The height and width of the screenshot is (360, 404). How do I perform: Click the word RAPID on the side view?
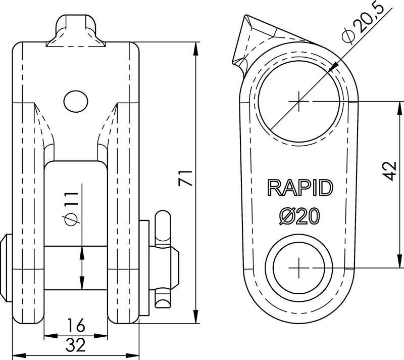pyautogui.click(x=300, y=188)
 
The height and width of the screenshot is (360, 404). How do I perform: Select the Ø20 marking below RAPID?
pyautogui.click(x=300, y=216)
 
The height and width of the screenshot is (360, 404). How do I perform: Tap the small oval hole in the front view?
pyautogui.click(x=76, y=101)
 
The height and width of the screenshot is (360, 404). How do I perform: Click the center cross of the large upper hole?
pyautogui.click(x=299, y=102)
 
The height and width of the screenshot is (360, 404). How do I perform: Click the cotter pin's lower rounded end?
pyautogui.click(x=164, y=302)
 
